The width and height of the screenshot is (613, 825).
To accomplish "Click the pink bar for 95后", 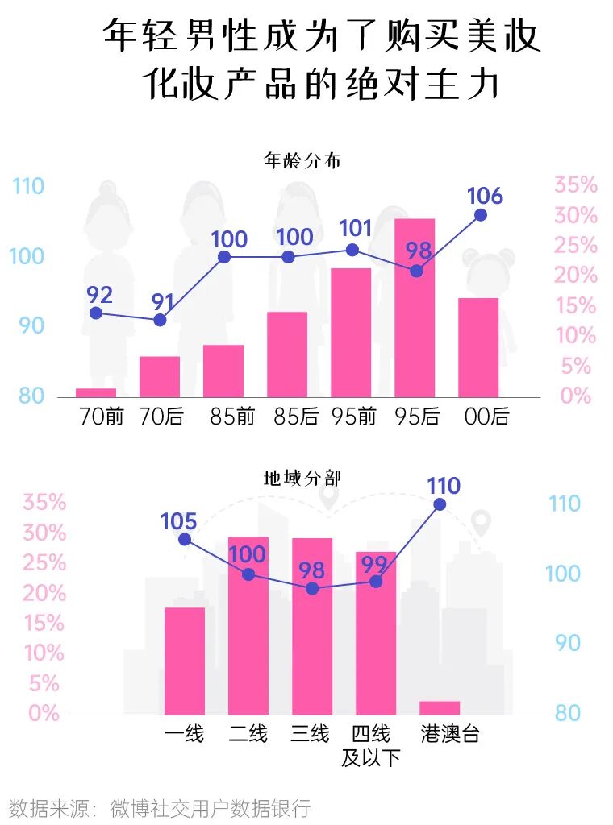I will pyautogui.click(x=415, y=308).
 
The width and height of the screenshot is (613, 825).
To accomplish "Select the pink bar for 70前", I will pyautogui.click(x=96, y=392).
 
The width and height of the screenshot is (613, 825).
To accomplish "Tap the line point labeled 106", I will pyautogui.click(x=481, y=214).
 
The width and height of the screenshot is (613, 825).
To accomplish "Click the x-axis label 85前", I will pyautogui.click(x=232, y=417).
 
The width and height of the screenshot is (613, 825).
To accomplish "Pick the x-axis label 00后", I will pyautogui.click(x=487, y=417).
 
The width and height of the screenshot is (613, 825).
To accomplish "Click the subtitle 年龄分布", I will pyautogui.click(x=302, y=160).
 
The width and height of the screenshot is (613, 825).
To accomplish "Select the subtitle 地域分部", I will pyautogui.click(x=302, y=478).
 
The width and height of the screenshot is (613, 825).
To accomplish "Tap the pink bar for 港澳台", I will pyautogui.click(x=440, y=707).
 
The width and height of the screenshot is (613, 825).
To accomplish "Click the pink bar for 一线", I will pyautogui.click(x=185, y=661).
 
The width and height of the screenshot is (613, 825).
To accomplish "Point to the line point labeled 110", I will pyautogui.click(x=440, y=504).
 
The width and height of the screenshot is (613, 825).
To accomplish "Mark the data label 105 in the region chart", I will pyautogui.click(x=179, y=521).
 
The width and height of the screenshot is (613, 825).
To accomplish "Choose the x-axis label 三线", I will pyautogui.click(x=311, y=734).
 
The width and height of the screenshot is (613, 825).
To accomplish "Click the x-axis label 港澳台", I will pyautogui.click(x=450, y=734).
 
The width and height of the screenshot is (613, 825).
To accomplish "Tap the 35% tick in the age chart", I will pyautogui.click(x=575, y=185).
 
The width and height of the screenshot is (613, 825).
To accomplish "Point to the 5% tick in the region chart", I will pyautogui.click(x=44, y=683).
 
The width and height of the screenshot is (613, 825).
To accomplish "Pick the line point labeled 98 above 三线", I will pyautogui.click(x=312, y=588).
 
